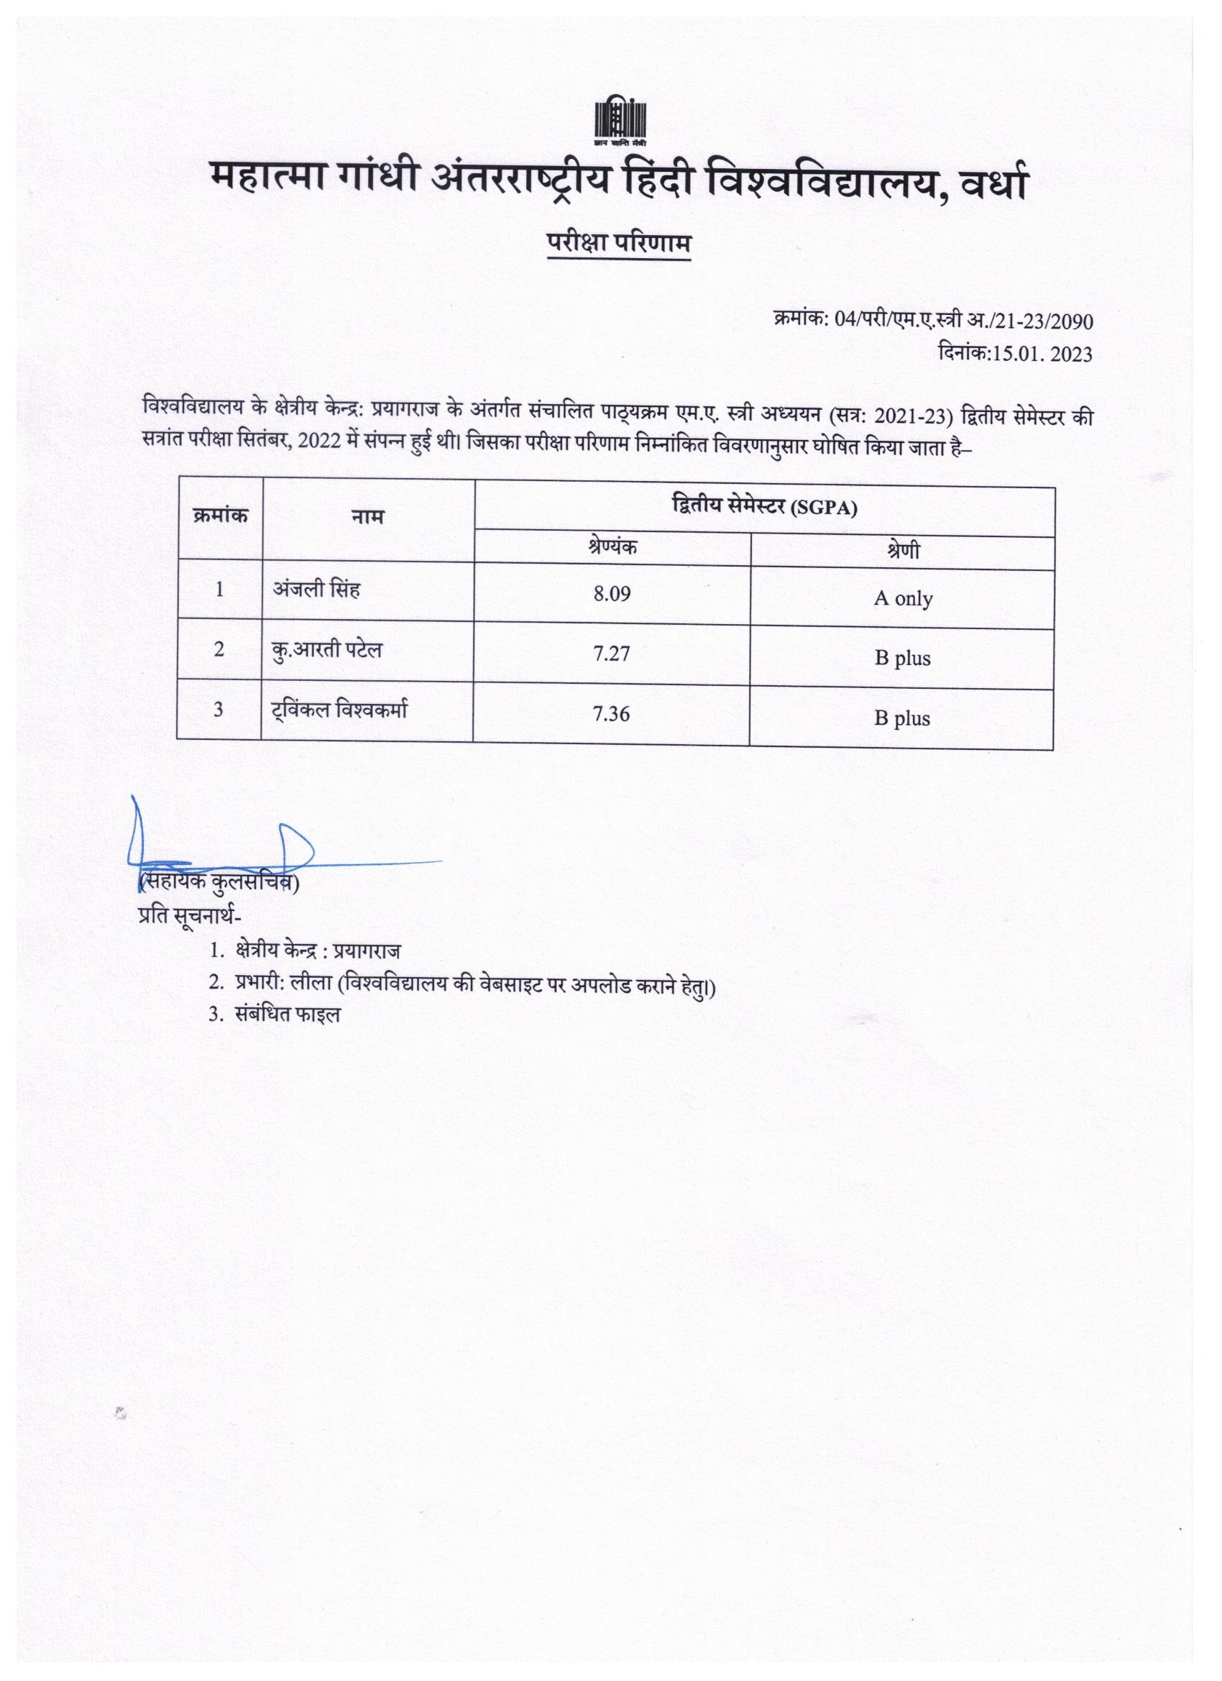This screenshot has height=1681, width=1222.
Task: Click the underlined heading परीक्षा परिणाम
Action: point(619,243)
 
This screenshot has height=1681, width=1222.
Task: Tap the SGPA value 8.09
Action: point(612,594)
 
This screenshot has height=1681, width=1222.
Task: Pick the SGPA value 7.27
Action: point(612,653)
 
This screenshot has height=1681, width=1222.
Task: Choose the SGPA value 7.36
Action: point(612,713)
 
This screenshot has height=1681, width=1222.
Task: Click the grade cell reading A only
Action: point(903,598)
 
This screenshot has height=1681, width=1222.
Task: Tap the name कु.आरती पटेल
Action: point(326,650)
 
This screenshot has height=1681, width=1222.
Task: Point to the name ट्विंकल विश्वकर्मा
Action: point(337,710)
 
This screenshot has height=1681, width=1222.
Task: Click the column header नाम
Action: point(368,517)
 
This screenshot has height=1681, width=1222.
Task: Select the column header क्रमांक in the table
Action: point(219,514)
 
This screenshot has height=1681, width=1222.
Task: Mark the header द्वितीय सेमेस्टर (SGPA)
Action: point(763,508)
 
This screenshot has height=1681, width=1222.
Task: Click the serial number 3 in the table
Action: point(219,710)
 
